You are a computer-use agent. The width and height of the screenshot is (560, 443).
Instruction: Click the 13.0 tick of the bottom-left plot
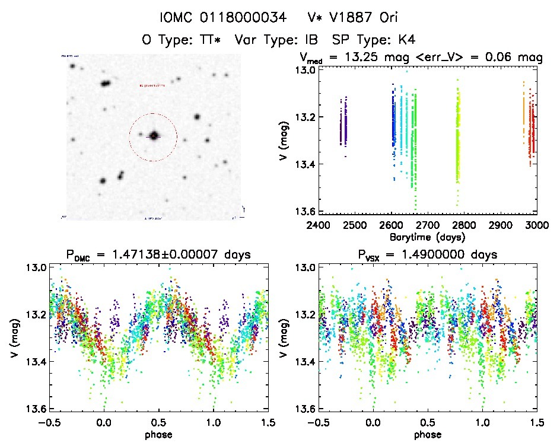pyautogui.click(x=34, y=267)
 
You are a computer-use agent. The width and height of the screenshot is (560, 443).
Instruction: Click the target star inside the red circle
pyautogui.click(x=154, y=136)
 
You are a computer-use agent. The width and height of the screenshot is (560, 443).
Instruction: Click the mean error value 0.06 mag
pyautogui.click(x=520, y=58)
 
